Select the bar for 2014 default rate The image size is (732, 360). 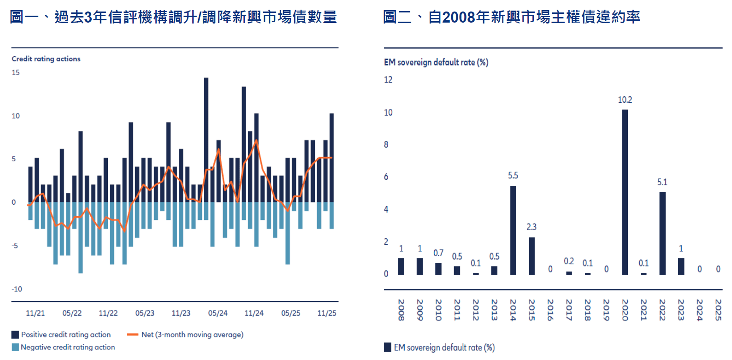coord(513,230)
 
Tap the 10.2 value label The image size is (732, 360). coord(625,100)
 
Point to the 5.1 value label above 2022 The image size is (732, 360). coord(662,182)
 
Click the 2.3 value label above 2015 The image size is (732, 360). coord(531,227)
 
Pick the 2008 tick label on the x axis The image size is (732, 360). coord(401,310)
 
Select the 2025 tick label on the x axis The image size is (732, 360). coord(718,310)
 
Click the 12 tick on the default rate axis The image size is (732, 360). coord(388,80)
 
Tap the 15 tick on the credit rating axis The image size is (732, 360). coord(16,72)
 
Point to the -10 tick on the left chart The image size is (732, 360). coord(17,289)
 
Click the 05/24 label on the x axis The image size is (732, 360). coord(218,313)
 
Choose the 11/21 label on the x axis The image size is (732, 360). coord(35,313)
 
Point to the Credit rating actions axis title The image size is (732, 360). coord(46,59)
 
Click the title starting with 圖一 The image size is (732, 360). coord(173,17)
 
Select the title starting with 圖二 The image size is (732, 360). coord(512,17)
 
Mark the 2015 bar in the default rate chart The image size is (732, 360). coord(531,256)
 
